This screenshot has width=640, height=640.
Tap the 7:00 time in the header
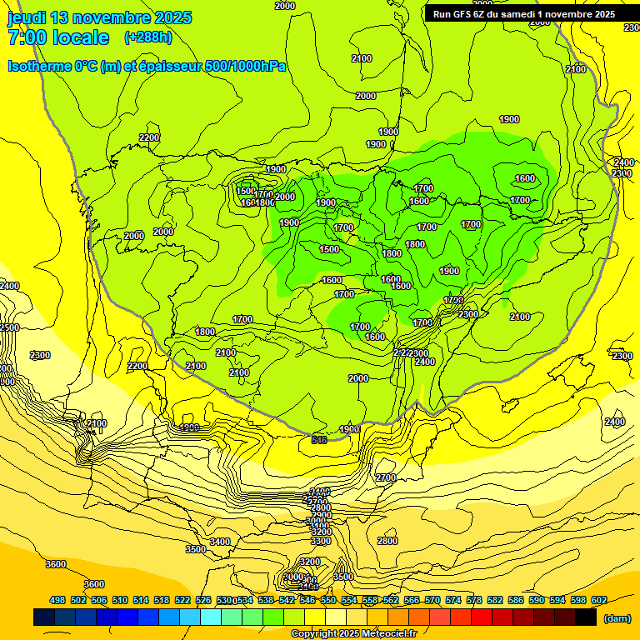click(24, 37)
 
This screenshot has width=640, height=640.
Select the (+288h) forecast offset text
click(148, 37)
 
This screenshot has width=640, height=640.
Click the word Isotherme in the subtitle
click(38, 66)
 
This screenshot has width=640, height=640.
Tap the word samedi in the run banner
click(530, 14)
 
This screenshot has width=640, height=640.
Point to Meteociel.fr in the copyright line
click(388, 634)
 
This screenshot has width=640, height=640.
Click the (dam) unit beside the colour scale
click(616, 617)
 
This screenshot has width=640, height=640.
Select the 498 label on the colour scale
click(57, 600)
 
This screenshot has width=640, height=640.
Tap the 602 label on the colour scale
click(599, 600)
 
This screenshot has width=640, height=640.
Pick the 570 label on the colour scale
click(432, 600)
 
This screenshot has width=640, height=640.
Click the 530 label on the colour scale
click(224, 600)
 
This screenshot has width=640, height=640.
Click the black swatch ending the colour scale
click(586, 617)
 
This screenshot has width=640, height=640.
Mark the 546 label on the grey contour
click(318, 439)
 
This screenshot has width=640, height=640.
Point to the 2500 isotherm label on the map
click(9, 327)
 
